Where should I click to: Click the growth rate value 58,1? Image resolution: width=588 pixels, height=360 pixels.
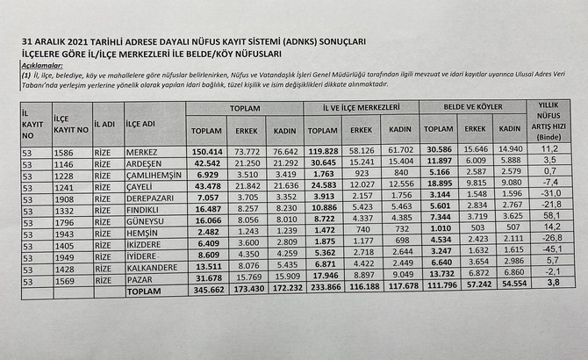552,214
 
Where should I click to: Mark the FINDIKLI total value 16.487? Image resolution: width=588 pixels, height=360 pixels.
207,212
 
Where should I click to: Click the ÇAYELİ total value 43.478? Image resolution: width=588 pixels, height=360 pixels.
207,187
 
